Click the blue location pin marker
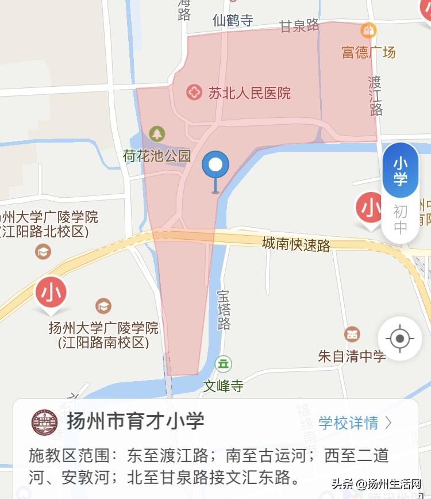215,167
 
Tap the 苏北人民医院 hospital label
249,93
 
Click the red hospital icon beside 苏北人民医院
194,92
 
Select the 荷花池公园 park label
156,155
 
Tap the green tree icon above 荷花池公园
156,134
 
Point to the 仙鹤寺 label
233,21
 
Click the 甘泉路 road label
299,26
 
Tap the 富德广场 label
369,53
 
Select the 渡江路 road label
375,95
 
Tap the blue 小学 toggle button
401,171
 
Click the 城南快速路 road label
296,244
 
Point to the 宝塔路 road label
224,310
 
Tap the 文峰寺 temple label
223,386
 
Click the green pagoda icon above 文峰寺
223,363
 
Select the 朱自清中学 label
352,356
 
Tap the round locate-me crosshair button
400,338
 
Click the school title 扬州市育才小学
136,421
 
